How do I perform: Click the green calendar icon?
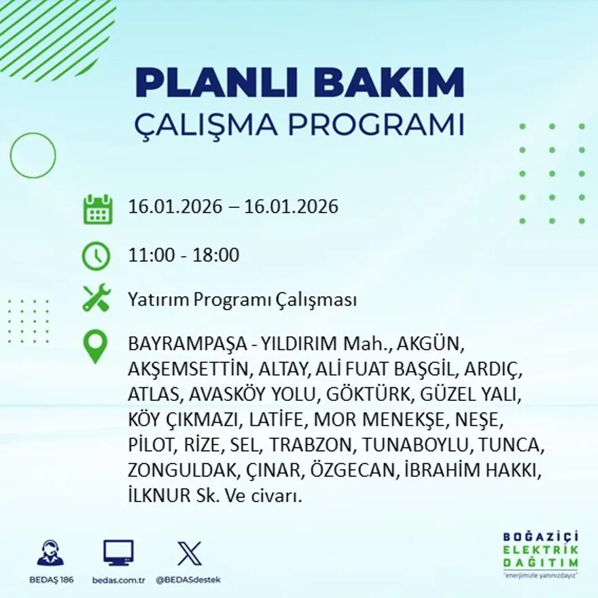click(x=97, y=209)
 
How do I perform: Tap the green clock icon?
click(x=96, y=256)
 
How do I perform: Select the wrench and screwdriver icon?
click(x=96, y=299)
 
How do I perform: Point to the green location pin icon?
click(x=95, y=346)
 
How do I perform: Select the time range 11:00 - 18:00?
click(x=183, y=256)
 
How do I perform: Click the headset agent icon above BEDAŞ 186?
click(x=50, y=552)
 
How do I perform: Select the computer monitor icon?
click(x=118, y=552)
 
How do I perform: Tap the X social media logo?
click(x=189, y=552)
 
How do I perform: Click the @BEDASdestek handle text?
click(x=188, y=580)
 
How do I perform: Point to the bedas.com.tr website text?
click(x=118, y=580)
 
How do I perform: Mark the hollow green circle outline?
click(x=33, y=155)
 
